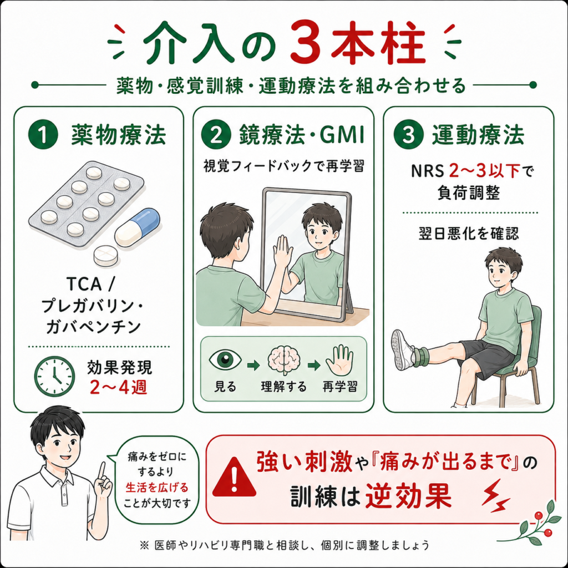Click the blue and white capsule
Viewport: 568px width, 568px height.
click(x=138, y=227)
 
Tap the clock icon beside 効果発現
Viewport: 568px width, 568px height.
click(x=54, y=376)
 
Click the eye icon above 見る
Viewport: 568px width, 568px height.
click(x=225, y=360)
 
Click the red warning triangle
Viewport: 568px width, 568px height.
click(x=234, y=477)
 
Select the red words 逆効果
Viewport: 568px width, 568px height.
click(x=408, y=496)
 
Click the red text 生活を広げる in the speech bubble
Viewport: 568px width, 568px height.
click(x=157, y=488)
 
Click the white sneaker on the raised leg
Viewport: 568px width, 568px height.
click(x=402, y=350)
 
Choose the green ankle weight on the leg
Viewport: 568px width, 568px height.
click(x=421, y=357)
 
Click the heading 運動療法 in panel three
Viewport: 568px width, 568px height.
click(x=478, y=135)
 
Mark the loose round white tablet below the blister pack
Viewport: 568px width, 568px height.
click(x=105, y=255)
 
